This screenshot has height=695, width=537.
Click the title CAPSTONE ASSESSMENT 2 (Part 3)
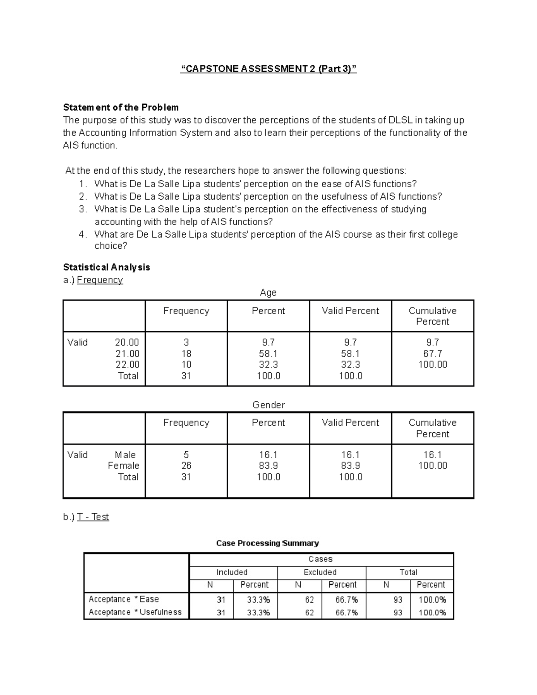[x=268, y=69]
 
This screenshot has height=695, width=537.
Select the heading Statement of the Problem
[x=121, y=107]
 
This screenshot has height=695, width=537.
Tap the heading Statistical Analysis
[x=107, y=267]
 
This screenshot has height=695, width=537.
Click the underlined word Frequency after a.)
[x=100, y=280]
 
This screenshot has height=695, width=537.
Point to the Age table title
[x=268, y=293]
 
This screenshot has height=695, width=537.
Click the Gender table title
[x=268, y=405]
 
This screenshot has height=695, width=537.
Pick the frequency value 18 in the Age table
[x=186, y=354]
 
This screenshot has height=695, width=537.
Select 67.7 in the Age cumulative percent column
[x=432, y=354]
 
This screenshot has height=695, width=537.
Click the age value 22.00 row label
[x=127, y=365]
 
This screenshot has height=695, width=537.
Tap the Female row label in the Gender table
[x=124, y=466]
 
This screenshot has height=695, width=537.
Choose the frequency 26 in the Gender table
[x=186, y=466]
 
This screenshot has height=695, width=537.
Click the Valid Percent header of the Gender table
[x=350, y=423]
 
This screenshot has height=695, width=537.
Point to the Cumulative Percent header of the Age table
[x=432, y=316]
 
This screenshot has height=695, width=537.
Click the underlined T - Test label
[x=93, y=517]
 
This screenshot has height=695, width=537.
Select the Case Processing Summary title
[x=268, y=543]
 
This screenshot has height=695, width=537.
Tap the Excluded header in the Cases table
[x=320, y=572]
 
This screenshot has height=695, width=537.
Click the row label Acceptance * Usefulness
[x=135, y=612]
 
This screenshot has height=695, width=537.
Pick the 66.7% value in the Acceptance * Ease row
[x=346, y=600]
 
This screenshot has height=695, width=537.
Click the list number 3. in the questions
[x=82, y=209]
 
